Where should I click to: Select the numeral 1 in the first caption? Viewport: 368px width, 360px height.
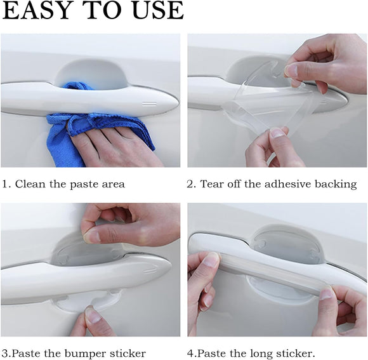tap(4, 184)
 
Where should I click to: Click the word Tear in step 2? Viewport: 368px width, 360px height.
tap(213, 184)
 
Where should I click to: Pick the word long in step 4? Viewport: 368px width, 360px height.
tap(254, 353)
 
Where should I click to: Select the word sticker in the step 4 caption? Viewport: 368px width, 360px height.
tap(292, 353)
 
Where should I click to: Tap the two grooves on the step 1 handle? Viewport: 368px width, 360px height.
tap(150, 102)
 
